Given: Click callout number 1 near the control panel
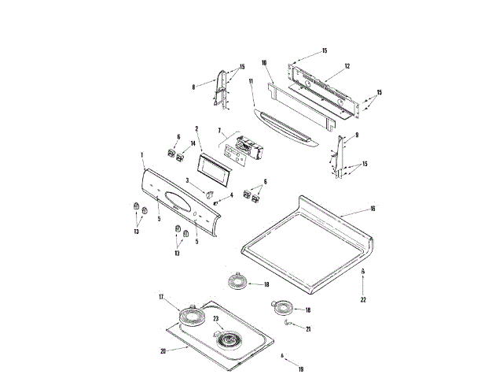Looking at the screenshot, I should click(141, 154).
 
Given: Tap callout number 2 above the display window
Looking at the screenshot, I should click(196, 128).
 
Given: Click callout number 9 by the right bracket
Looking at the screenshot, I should click(357, 135).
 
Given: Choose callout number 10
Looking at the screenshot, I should click(265, 61).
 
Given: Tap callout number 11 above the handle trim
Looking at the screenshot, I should click(251, 81).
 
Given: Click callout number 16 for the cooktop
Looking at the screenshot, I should click(373, 209).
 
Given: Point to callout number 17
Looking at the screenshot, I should click(161, 297).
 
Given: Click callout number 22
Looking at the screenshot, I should click(363, 299).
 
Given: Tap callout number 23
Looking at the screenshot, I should click(215, 319).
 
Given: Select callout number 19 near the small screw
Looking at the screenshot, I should click(300, 368).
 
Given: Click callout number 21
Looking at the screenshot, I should click(308, 328).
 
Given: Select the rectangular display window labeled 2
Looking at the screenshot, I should click(212, 165).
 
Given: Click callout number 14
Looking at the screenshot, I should click(192, 144).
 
